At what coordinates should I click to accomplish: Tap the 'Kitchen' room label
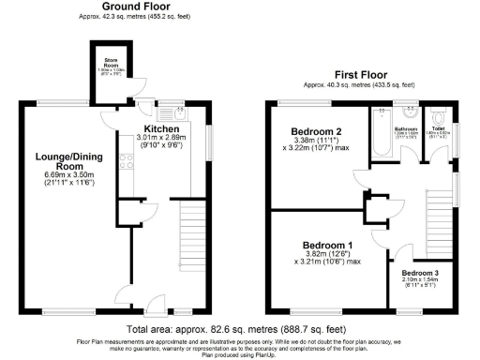[161, 128]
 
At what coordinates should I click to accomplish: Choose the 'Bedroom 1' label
[322, 246]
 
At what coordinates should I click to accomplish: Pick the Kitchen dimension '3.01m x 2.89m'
[161, 138]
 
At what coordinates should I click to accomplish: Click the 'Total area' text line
[239, 331]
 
